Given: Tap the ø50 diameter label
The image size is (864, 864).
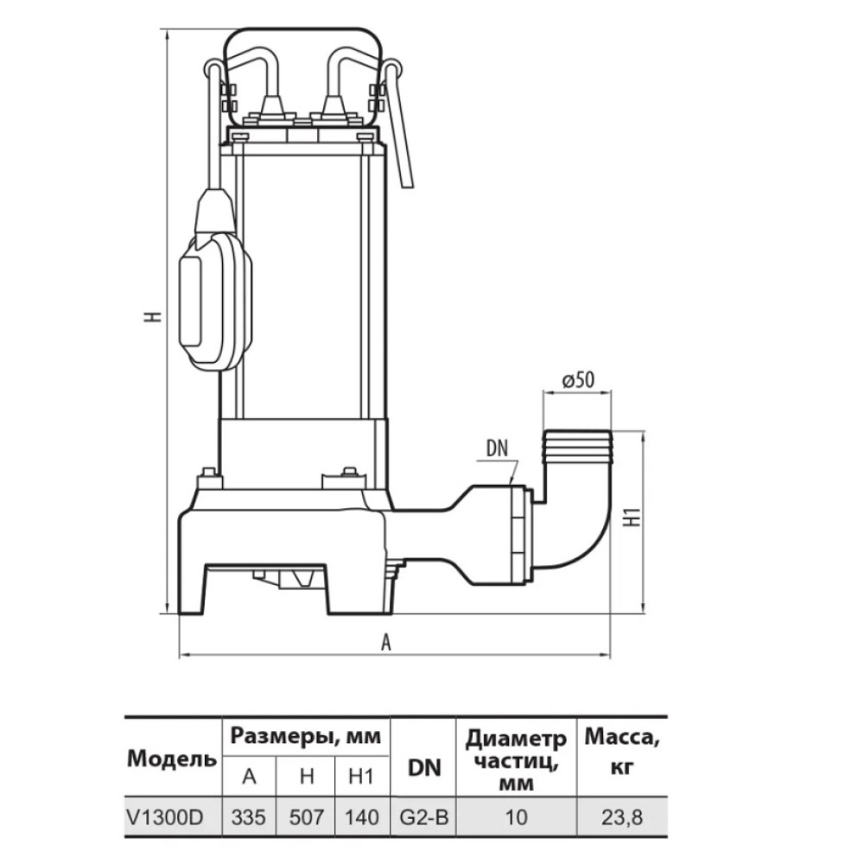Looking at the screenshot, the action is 578,380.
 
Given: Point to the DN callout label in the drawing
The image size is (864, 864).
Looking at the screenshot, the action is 497,448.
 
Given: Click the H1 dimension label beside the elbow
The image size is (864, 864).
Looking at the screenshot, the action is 633,517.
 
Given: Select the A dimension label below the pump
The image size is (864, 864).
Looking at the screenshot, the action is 386,642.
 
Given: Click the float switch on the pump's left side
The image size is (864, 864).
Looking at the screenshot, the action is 216,278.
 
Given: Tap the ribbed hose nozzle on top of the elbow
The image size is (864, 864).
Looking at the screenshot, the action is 577,445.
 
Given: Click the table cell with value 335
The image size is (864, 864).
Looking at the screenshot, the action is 249,817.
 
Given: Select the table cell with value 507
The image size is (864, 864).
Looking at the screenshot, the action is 307,817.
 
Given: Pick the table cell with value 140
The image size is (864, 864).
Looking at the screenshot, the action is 361,817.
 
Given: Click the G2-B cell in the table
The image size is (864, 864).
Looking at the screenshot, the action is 423,817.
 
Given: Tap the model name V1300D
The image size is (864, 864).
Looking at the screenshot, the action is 165,817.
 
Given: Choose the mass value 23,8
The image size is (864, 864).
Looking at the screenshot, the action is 621,817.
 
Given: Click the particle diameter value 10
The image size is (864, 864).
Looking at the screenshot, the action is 517,817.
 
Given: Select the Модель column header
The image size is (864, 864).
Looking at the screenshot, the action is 172,759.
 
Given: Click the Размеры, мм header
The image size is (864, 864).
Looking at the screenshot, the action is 306,736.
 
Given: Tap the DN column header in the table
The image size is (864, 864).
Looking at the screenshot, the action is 424,767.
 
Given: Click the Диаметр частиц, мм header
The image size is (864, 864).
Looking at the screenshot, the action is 517,760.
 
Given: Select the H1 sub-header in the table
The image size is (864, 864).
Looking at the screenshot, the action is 361,777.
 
